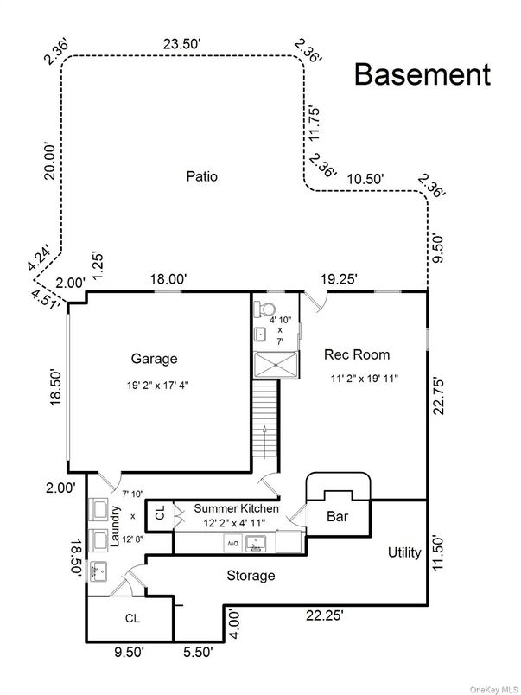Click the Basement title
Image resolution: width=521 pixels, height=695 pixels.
(423, 74)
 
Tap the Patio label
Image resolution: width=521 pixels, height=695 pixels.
(201, 176)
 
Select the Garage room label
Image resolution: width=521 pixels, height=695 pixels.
(154, 358)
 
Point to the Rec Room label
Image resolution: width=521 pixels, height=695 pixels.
(357, 354)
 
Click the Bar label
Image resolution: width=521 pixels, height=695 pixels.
(337, 517)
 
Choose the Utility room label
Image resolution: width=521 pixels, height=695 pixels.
(403, 552)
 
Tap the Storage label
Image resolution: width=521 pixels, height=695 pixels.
(251, 575)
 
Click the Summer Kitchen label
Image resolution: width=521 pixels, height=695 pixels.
(236, 508)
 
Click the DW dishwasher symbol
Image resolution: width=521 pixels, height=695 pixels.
(232, 543)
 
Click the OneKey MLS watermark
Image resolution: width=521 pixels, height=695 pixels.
(490, 687)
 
